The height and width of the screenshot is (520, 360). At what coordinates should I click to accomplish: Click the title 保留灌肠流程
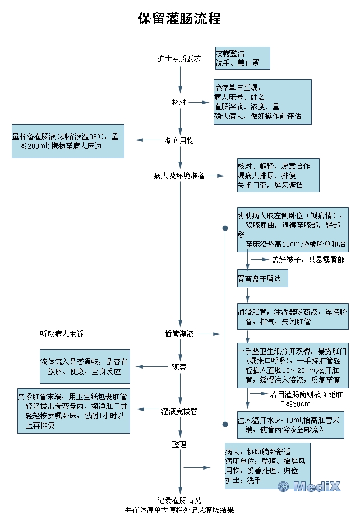(x=179, y=19)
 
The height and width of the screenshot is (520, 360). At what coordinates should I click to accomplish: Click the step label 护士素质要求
(x=179, y=58)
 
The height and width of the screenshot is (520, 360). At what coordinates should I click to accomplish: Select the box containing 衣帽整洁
(x=242, y=58)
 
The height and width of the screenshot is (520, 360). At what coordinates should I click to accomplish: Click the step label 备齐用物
(x=179, y=141)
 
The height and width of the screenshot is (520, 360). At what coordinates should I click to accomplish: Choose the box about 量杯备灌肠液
(x=68, y=141)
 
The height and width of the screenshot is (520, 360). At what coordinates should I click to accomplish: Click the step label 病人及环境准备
(x=179, y=176)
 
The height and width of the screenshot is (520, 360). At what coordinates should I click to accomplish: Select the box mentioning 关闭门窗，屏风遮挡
(x=278, y=176)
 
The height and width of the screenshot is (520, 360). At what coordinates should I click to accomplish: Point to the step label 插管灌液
(x=179, y=334)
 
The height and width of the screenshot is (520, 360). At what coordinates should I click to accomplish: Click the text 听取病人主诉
(x=62, y=334)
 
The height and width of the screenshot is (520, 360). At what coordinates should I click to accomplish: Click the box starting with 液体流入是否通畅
(x=85, y=367)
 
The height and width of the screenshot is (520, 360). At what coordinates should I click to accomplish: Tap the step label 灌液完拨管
(x=179, y=411)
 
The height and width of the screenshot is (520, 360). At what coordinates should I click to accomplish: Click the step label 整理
(x=179, y=444)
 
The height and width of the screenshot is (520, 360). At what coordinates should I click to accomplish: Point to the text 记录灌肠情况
(x=179, y=500)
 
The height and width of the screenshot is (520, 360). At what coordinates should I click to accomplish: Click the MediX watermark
(x=309, y=486)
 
